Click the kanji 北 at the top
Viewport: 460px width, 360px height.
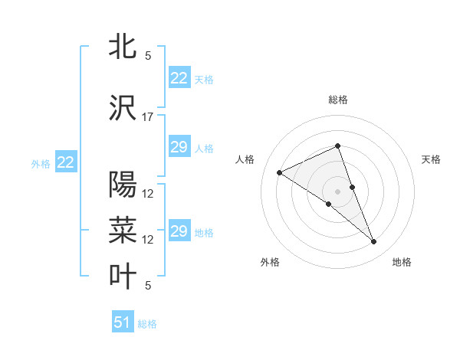click(x=123, y=47)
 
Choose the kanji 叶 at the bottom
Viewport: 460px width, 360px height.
click(x=123, y=277)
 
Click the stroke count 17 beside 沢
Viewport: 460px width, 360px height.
click(x=148, y=117)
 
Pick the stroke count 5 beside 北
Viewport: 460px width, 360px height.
click(x=148, y=56)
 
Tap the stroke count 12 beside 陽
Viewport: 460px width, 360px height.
click(x=148, y=193)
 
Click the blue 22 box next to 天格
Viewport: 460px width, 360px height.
click(x=179, y=78)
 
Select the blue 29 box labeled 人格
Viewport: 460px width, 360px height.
click(x=179, y=147)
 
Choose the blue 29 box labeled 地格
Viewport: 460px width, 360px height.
click(x=179, y=231)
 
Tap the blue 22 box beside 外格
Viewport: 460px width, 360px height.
click(x=66, y=162)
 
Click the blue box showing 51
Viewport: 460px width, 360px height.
click(x=123, y=322)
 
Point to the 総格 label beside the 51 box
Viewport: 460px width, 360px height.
click(x=147, y=324)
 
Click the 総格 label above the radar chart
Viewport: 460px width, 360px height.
click(x=337, y=100)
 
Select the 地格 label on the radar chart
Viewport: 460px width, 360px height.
click(x=402, y=262)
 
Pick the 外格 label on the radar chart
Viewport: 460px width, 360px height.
click(x=270, y=262)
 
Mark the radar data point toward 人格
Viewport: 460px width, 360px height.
click(x=280, y=173)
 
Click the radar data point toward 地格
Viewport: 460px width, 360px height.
click(x=374, y=242)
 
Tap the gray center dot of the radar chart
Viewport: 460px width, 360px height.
click(x=337, y=191)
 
